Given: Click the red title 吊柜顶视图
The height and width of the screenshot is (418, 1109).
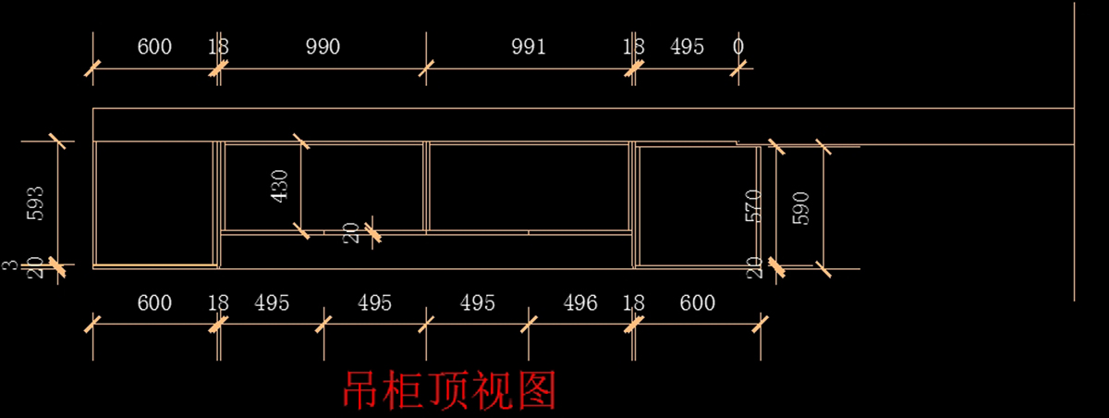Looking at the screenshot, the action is pyautogui.click(x=450, y=390).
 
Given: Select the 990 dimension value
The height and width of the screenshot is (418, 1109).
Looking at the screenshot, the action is pyautogui.click(x=323, y=47).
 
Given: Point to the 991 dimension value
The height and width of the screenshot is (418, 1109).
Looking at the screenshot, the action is pyautogui.click(x=529, y=47).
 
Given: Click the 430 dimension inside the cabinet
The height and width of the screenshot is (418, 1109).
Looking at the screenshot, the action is pyautogui.click(x=280, y=185).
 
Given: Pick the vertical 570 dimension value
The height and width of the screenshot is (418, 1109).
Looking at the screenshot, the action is pyautogui.click(x=753, y=205).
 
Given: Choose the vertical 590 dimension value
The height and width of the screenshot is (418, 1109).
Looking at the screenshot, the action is pyautogui.click(x=800, y=208).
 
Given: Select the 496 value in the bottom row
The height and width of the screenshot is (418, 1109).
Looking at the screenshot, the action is pyautogui.click(x=579, y=303).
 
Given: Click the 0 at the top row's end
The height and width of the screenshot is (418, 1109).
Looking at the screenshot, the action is pyautogui.click(x=738, y=47).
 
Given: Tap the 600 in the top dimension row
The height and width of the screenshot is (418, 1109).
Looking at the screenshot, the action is pyautogui.click(x=154, y=47).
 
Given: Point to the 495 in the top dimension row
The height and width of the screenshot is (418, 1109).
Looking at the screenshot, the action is pyautogui.click(x=687, y=47).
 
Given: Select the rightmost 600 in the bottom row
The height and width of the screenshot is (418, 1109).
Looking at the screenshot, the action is pyautogui.click(x=697, y=303).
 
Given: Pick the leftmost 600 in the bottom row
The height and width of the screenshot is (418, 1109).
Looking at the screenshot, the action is pyautogui.click(x=154, y=303).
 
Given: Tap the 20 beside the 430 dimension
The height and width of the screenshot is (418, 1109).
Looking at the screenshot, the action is pyautogui.click(x=352, y=232).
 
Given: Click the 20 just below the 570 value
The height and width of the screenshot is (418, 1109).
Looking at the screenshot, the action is pyautogui.click(x=754, y=266).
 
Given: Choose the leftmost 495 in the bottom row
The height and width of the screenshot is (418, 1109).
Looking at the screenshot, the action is pyautogui.click(x=272, y=303).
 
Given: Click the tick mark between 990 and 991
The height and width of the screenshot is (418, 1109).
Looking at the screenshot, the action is pyautogui.click(x=426, y=68).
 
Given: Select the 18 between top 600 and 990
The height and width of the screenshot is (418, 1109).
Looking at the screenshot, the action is pyautogui.click(x=218, y=47).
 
